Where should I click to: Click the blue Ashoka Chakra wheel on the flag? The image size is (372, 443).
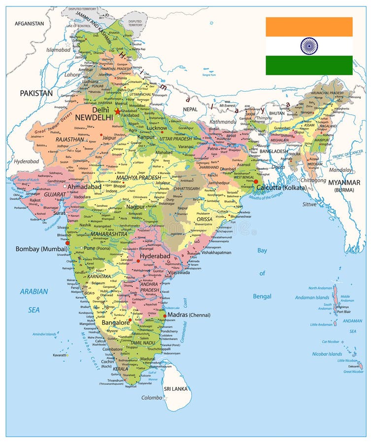[x=309, y=46]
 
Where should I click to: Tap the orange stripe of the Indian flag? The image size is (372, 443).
[x=309, y=27]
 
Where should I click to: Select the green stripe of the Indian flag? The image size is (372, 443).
[x=309, y=65]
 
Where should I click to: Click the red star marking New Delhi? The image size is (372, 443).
[x=117, y=111]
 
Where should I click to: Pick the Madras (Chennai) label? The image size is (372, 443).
[x=189, y=315]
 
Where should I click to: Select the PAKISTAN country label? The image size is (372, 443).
[x=36, y=93]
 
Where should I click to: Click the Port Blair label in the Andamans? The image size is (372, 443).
[x=344, y=312]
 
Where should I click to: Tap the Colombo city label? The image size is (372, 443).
[x=151, y=398]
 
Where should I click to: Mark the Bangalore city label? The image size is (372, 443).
[x=115, y=322]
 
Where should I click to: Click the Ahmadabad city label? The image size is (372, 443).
[x=84, y=187]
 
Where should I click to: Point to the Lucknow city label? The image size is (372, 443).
[x=158, y=128]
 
